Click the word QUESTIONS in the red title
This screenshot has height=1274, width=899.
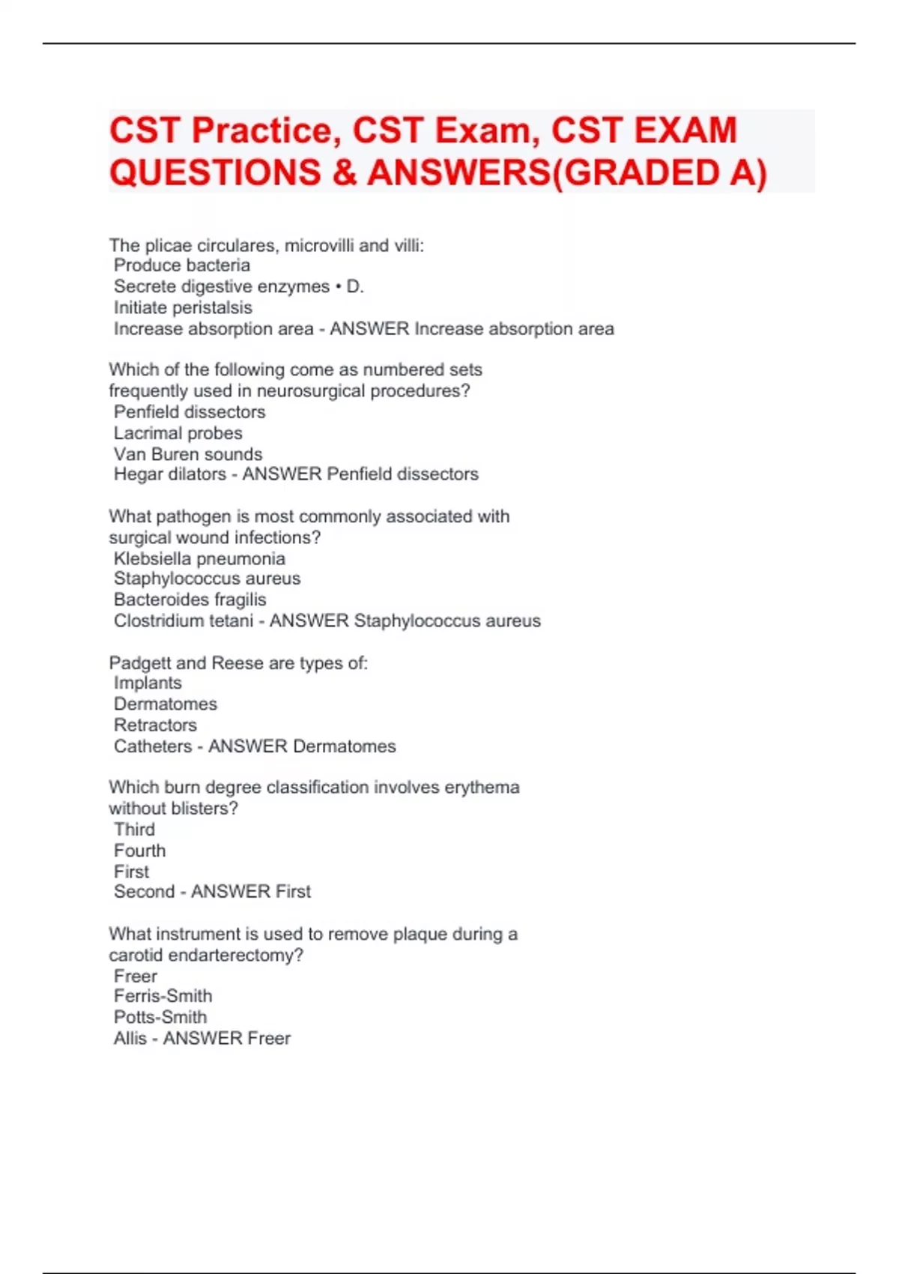216,173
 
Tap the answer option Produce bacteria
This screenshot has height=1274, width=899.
182,265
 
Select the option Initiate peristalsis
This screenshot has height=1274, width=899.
183,307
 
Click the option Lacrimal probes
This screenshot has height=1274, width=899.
178,433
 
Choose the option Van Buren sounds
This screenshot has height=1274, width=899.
188,454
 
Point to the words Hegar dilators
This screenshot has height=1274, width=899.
170,474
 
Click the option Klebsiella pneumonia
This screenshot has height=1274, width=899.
199,558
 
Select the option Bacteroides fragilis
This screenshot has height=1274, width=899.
190,600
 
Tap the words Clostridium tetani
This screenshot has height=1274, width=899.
184,621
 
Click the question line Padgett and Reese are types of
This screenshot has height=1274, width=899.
238,662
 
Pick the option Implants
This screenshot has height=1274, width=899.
148,683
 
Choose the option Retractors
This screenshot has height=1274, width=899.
155,725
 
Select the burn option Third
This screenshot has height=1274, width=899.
134,830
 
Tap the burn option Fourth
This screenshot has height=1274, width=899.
139,851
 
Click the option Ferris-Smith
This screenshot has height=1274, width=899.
163,996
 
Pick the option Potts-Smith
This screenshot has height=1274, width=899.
160,1017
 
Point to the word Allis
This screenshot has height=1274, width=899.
130,1038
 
